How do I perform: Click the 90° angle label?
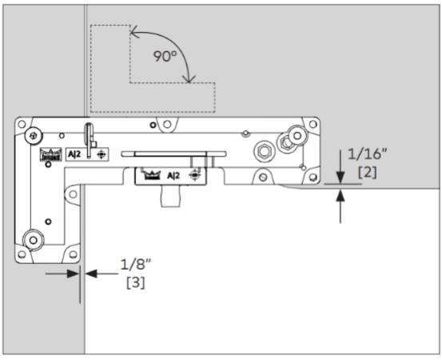165,56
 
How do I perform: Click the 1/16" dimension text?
368,154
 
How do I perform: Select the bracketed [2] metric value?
368,172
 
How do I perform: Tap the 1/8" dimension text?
136,264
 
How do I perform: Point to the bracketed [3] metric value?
136,282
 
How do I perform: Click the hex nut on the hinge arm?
264,151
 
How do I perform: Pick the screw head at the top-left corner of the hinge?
34,136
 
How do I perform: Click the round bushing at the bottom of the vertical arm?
34,240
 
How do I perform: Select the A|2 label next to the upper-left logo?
74,154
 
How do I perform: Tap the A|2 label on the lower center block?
173,176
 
